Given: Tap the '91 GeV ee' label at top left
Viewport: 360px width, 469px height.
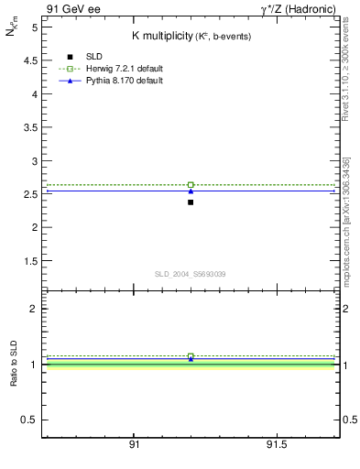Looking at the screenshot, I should [72, 8].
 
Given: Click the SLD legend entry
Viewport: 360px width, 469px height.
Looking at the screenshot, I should [96, 57].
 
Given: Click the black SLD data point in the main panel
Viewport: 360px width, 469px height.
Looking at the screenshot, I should [191, 202].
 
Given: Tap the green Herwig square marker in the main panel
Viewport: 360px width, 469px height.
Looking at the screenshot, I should [191, 185].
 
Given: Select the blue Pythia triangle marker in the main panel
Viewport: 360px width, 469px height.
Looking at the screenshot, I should [191, 191].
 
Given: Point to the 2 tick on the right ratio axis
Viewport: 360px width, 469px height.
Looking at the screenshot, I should [340, 309].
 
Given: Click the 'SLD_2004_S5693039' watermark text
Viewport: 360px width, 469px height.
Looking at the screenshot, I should [190, 274].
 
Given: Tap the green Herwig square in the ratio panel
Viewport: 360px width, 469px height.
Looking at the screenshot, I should [191, 356].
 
